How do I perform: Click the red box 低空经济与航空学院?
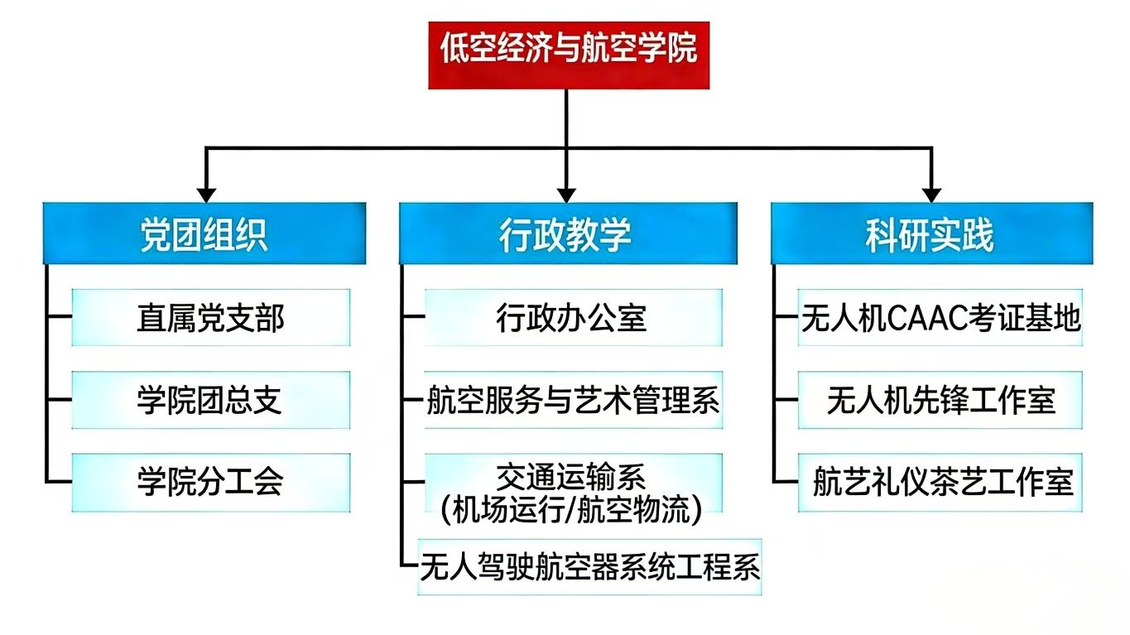click(x=568, y=55)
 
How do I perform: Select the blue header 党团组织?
click(x=204, y=234)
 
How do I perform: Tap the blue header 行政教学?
click(x=568, y=234)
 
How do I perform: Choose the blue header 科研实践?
click(x=931, y=234)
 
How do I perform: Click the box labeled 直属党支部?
click(x=210, y=317)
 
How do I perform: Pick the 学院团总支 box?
click(x=210, y=400)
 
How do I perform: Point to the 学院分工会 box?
click(x=210, y=481)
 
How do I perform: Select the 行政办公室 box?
click(x=573, y=317)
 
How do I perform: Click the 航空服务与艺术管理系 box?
click(x=573, y=400)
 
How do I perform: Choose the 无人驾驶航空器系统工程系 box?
click(x=589, y=567)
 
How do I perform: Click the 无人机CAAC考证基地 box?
click(x=940, y=317)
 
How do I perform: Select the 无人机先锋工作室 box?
click(x=940, y=400)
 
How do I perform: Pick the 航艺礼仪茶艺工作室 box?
click(x=940, y=481)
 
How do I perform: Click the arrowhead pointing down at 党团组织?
click(x=206, y=195)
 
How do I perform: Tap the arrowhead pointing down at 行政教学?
click(x=567, y=195)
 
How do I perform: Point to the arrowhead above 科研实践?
click(x=931, y=195)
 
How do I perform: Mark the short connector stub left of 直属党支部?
click(x=60, y=316)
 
